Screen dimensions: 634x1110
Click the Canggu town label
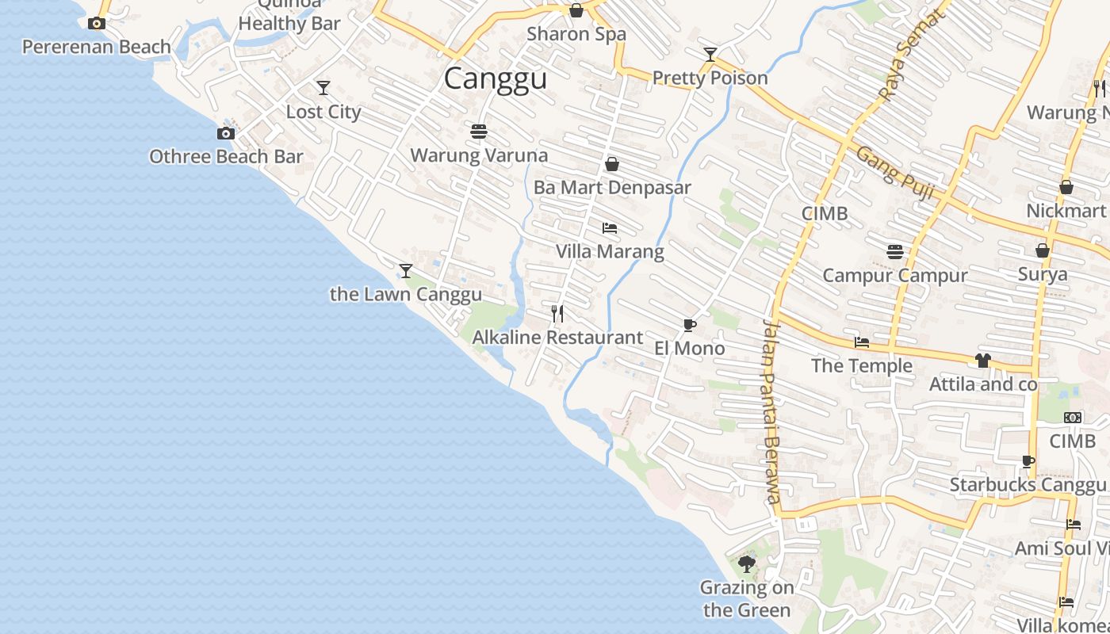click(x=495, y=78)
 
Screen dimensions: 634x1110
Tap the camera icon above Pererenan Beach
click(x=97, y=24)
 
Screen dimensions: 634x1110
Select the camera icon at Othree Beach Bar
click(x=226, y=133)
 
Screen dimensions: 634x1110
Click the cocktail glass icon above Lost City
click(x=323, y=87)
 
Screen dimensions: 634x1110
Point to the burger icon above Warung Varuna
click(x=478, y=131)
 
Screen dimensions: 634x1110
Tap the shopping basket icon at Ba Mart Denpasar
click(x=612, y=164)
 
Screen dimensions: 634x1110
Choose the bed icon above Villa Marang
click(x=609, y=228)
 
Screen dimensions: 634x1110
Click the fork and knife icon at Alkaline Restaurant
click(x=557, y=314)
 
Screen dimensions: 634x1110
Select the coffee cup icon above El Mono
click(x=689, y=325)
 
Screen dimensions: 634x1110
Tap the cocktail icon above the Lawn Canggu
click(x=406, y=271)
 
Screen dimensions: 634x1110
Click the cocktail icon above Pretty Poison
click(x=710, y=55)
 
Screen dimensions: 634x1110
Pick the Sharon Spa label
click(x=576, y=34)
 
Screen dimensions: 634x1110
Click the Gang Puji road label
click(x=894, y=173)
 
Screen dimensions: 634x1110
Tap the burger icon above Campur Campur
click(x=895, y=252)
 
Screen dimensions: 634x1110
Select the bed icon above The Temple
click(x=862, y=342)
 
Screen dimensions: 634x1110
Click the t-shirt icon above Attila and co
click(x=983, y=361)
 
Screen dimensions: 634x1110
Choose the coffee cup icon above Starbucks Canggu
click(x=1028, y=461)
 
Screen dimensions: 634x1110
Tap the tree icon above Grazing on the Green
click(x=746, y=564)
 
